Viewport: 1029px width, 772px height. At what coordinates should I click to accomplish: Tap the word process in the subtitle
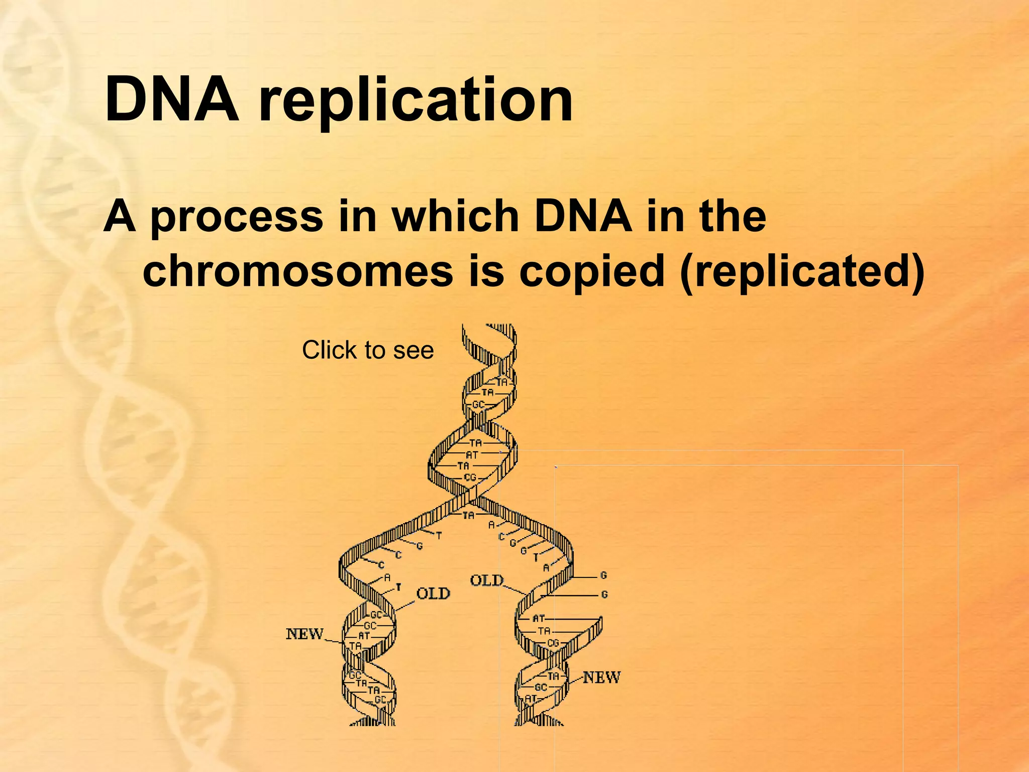[237, 217]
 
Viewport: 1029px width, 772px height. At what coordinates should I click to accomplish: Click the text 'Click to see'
[368, 350]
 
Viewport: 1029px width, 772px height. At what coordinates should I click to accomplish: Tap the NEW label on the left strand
[304, 634]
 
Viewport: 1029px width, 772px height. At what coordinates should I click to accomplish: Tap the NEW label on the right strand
[601, 677]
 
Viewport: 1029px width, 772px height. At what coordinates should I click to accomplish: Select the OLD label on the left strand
[433, 594]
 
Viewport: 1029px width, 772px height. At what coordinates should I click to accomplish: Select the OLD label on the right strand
[486, 581]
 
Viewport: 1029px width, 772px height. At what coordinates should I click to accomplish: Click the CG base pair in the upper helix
[470, 477]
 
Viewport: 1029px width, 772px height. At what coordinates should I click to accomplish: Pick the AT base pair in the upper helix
[472, 455]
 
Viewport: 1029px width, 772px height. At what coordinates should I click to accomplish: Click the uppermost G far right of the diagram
[604, 575]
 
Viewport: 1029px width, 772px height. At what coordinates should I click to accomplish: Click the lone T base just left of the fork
[439, 536]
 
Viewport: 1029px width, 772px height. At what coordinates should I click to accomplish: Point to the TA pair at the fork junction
[468, 515]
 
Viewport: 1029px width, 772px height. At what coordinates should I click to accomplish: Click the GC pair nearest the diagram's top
[478, 405]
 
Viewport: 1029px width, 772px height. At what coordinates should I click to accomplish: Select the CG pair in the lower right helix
[553, 643]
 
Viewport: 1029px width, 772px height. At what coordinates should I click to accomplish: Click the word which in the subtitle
[455, 217]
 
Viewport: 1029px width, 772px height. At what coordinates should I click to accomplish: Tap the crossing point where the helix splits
[467, 498]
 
